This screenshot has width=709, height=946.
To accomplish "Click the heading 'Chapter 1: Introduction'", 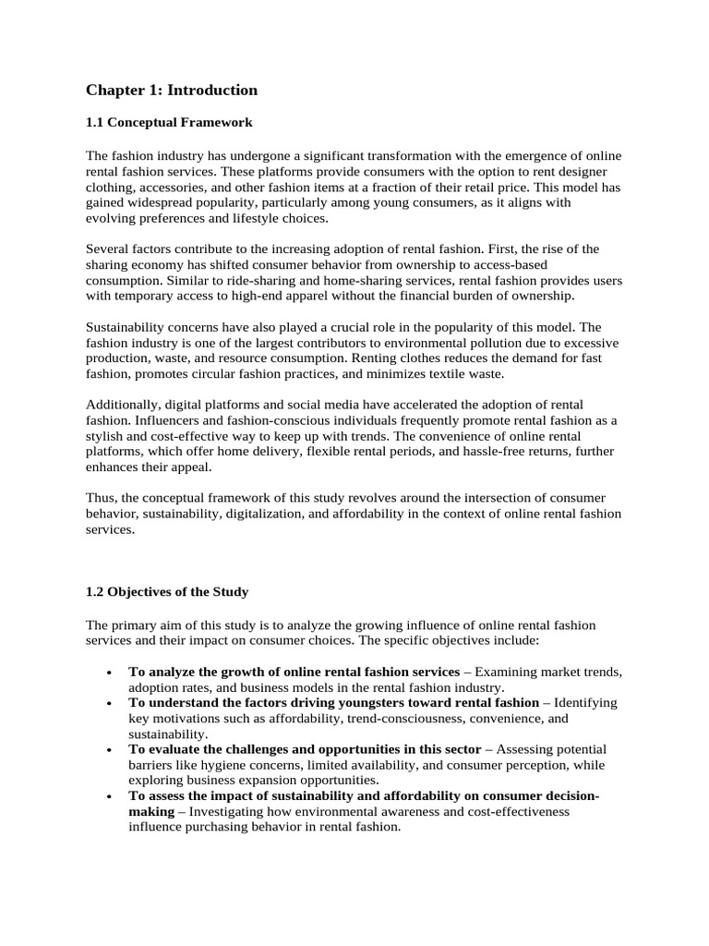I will pos(172,91).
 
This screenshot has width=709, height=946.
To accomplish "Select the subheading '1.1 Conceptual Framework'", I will pos(169,122).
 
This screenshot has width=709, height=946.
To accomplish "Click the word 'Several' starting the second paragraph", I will pos(108,249).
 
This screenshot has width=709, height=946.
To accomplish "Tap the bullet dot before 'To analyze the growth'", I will pos(110,672).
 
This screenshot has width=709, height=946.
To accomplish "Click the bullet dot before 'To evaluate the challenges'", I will pos(110,750).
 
